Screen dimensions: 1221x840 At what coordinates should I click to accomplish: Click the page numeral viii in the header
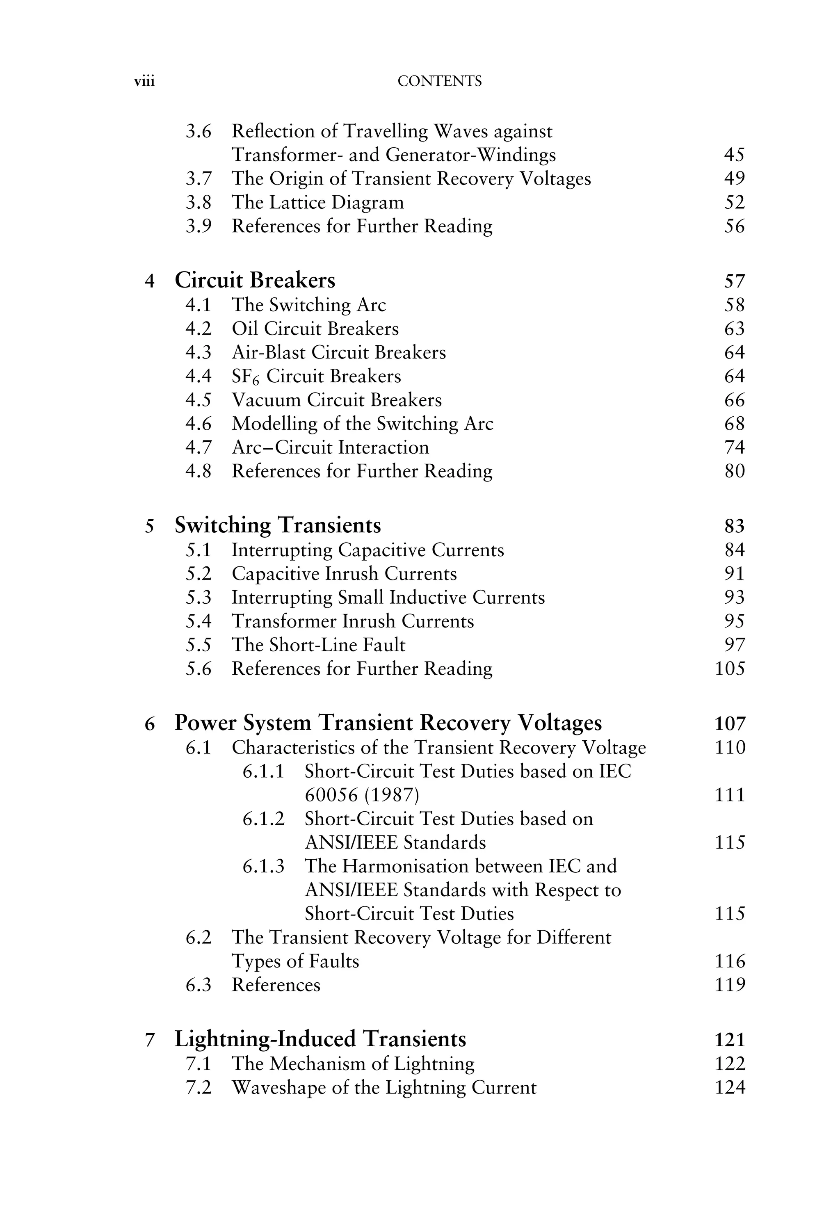pyautogui.click(x=144, y=82)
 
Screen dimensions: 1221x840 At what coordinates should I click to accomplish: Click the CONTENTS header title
pyautogui.click(x=439, y=81)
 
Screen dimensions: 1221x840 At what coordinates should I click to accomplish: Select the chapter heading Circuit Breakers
pyautogui.click(x=255, y=281)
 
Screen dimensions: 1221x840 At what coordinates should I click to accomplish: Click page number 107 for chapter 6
pyautogui.click(x=730, y=723)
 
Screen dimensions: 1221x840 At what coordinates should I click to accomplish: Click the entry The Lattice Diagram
pyautogui.click(x=317, y=203)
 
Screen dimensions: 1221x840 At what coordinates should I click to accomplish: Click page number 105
pyautogui.click(x=730, y=669)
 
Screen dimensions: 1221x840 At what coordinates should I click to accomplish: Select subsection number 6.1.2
pyautogui.click(x=263, y=819)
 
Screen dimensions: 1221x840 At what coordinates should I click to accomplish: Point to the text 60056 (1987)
pyautogui.click(x=362, y=795)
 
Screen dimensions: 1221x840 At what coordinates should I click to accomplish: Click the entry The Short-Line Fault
pyautogui.click(x=318, y=645)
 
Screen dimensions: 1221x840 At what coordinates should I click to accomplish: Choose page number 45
pyautogui.click(x=734, y=155)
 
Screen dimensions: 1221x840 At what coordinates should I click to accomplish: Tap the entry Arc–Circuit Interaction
pyautogui.click(x=330, y=447)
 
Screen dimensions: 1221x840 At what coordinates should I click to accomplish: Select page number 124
pyautogui.click(x=730, y=1088)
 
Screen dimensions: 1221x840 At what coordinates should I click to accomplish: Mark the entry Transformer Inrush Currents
pyautogui.click(x=353, y=621)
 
